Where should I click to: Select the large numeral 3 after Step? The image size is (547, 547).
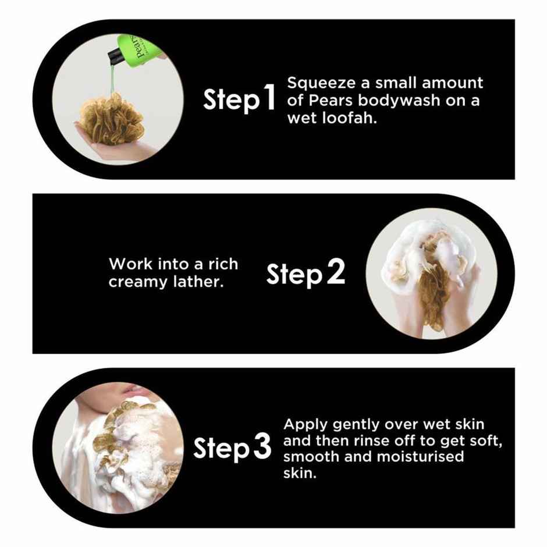(x=262, y=446)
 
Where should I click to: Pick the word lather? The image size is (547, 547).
(x=198, y=281)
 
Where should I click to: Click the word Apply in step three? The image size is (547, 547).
(x=306, y=425)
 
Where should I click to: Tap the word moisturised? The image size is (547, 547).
(x=420, y=457)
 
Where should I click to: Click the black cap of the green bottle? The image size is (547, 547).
(x=116, y=56)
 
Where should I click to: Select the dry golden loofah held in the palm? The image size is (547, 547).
(x=111, y=119)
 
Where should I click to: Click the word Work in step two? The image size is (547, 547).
(x=131, y=264)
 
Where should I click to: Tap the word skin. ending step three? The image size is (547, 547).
(x=300, y=473)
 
